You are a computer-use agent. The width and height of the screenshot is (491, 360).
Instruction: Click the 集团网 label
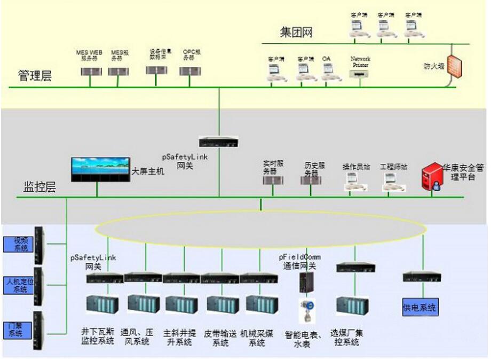point(297,33)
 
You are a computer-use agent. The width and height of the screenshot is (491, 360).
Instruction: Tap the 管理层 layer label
point(35,76)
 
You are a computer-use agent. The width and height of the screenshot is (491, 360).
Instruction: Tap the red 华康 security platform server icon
point(431,178)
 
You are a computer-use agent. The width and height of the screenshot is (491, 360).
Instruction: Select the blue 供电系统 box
point(420,308)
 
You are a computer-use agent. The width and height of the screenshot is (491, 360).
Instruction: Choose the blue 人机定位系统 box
point(20,285)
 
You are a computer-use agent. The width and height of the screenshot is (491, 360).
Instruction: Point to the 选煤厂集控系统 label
point(347,338)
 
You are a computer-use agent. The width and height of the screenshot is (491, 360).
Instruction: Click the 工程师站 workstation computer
point(393,182)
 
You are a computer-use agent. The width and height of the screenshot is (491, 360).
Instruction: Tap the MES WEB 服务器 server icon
point(90,71)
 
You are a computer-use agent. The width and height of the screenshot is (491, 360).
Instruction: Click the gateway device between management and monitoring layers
point(219,142)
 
